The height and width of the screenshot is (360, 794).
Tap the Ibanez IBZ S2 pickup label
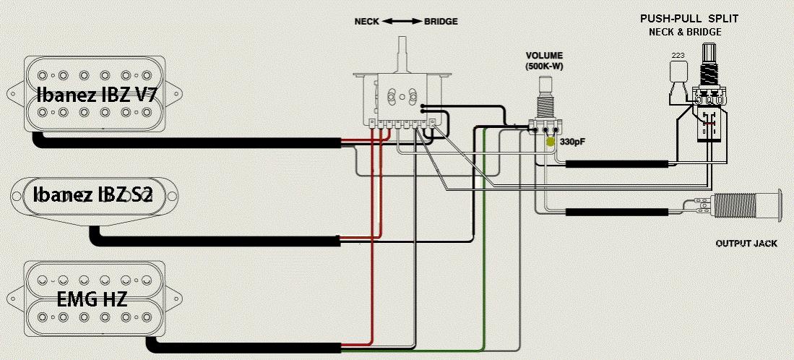[x=92, y=194]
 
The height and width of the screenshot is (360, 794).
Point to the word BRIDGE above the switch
[x=441, y=22]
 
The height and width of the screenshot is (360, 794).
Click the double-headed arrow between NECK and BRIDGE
[x=401, y=22]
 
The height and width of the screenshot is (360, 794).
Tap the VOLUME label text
[x=544, y=56]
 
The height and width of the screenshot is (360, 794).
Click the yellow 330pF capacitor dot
[x=551, y=142]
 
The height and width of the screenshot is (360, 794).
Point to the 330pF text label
[x=572, y=142]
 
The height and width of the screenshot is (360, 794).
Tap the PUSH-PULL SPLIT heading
[x=689, y=20]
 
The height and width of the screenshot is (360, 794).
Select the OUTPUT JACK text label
[x=746, y=244]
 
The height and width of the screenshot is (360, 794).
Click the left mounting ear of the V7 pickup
[x=14, y=94]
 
